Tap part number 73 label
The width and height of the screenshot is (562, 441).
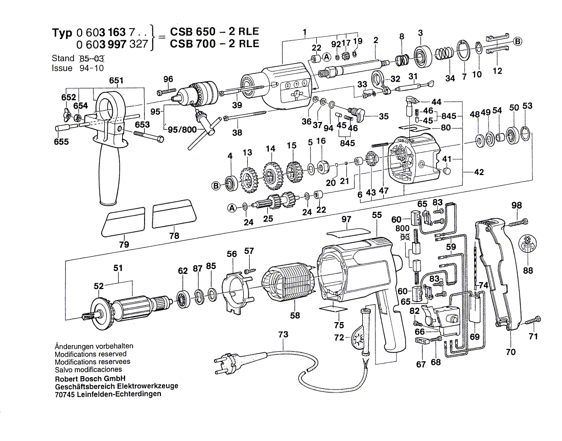coord(283,335)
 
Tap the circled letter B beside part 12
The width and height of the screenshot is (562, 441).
coord(518,42)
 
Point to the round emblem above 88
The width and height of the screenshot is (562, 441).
coord(528,244)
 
